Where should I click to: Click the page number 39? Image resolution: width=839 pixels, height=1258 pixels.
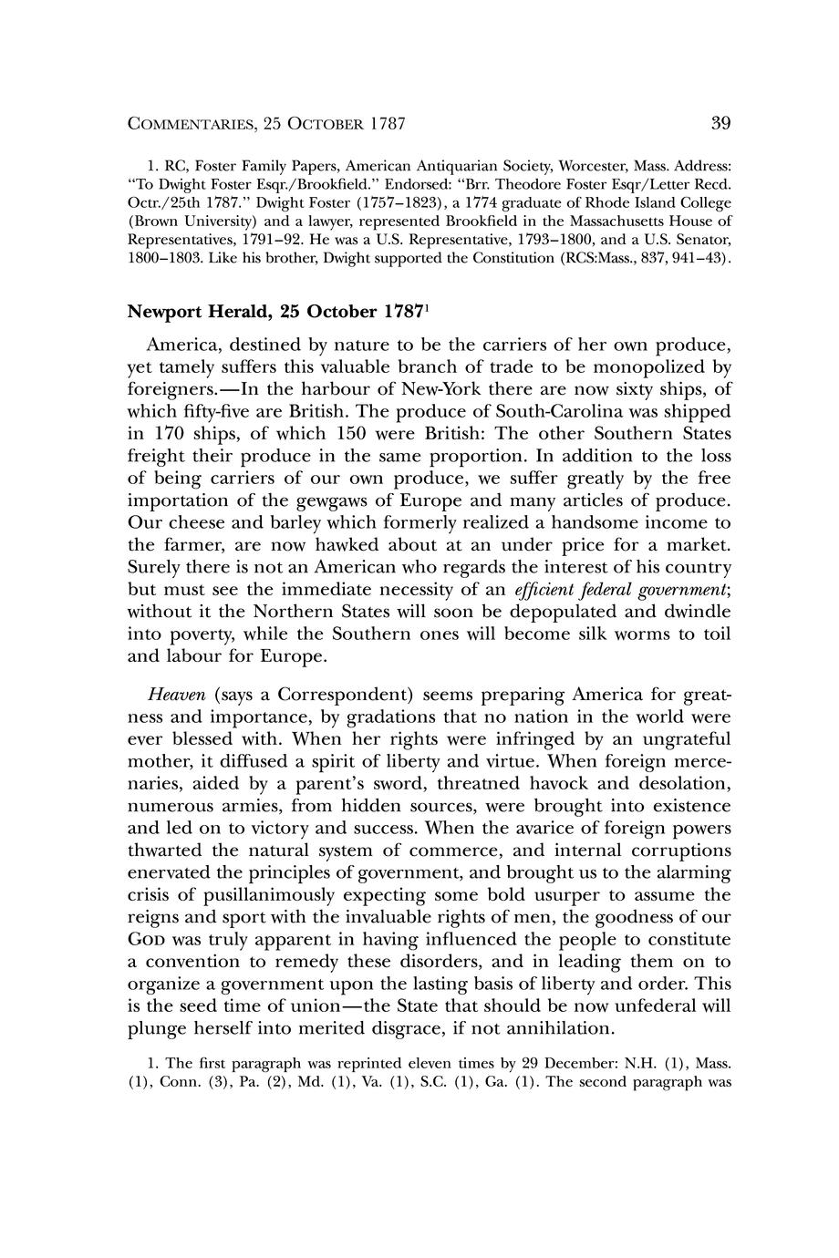point(720,123)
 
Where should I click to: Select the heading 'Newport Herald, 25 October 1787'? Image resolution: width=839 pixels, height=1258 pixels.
point(276,312)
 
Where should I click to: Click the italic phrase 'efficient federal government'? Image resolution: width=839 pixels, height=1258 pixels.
point(618,590)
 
